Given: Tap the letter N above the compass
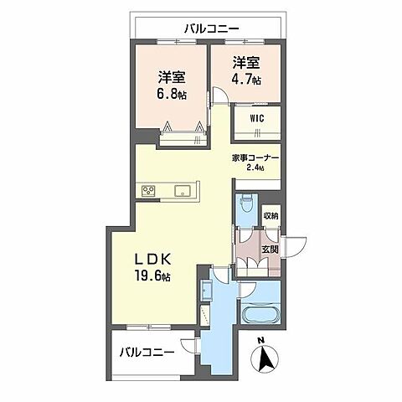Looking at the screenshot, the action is [261, 340].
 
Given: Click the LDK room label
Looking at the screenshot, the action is [152, 260].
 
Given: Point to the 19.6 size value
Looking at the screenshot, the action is [152, 276].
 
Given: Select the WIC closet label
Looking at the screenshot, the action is [257, 118].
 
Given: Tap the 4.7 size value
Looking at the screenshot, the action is [246, 80].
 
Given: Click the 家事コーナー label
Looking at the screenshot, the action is [255, 158].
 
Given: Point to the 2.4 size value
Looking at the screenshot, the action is [255, 167].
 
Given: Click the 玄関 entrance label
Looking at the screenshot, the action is [270, 250].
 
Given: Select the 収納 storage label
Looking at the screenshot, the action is [271, 215].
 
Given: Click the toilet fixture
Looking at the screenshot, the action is [246, 204].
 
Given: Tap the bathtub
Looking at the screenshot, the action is [260, 315].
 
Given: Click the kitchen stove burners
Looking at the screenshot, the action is [148, 191].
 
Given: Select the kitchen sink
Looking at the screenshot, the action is [183, 191].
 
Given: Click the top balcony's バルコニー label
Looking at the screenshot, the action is [212, 28].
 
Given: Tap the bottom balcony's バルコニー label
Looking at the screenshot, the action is [147, 353].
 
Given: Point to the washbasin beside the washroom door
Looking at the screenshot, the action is [207, 291].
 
